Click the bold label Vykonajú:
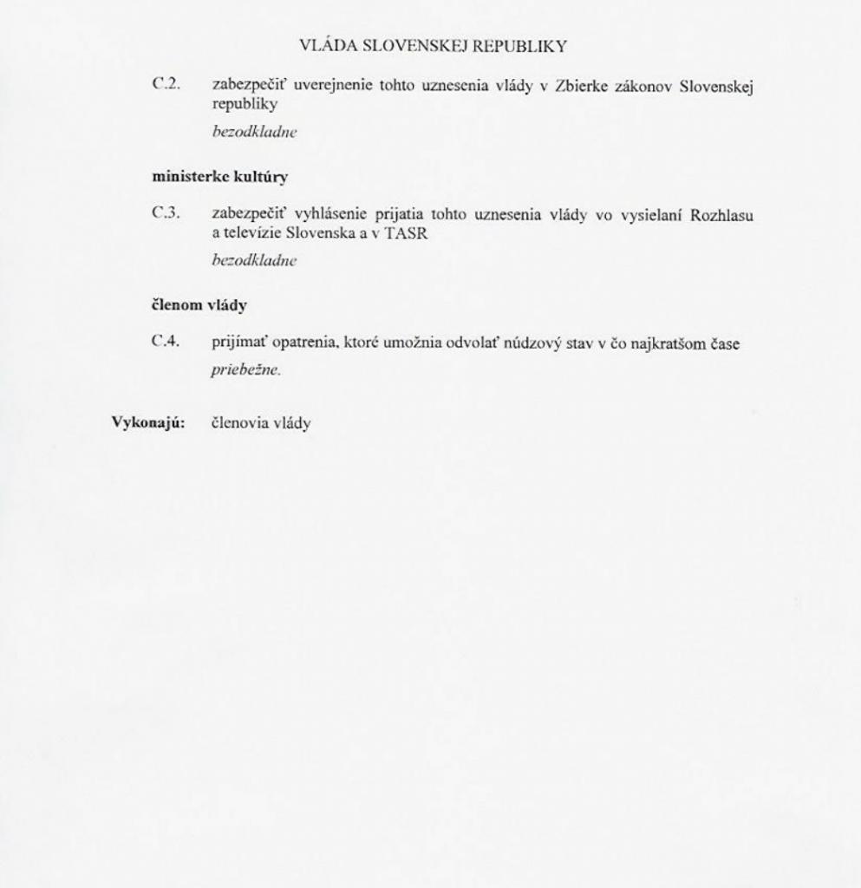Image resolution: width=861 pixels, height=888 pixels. coord(149,423)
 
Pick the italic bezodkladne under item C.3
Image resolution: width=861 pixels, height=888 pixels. coord(248,260)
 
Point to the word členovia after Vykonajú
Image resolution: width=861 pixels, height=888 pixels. coord(236,423)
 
